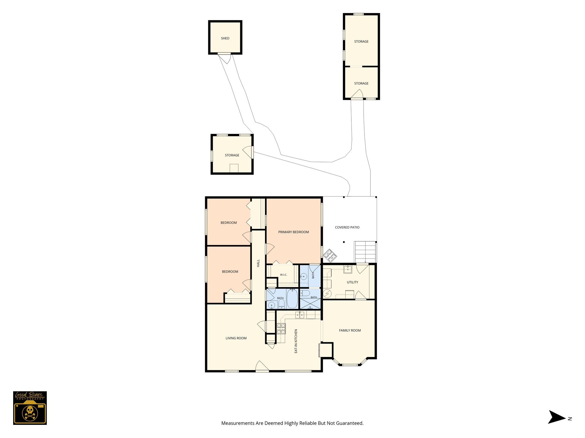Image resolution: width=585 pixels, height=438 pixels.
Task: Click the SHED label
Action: pos(225,38)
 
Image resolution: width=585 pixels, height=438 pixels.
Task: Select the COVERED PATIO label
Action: pos(347,227)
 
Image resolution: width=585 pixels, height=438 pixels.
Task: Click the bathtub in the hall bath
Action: pos(292,299)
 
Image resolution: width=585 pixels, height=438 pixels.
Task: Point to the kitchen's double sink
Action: pos(300,315)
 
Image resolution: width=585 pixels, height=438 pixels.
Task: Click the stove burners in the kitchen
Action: pos(281,328)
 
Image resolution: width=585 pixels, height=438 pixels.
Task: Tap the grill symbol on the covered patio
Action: pos(330,255)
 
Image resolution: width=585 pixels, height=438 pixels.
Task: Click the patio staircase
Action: pos(365,252)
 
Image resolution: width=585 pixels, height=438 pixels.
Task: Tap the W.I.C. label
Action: pos(283,275)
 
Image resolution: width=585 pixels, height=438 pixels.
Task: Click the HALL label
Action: pos(258,263)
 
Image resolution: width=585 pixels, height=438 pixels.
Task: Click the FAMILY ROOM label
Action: pos(350,330)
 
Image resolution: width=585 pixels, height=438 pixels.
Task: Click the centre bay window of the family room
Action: pos(350,365)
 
